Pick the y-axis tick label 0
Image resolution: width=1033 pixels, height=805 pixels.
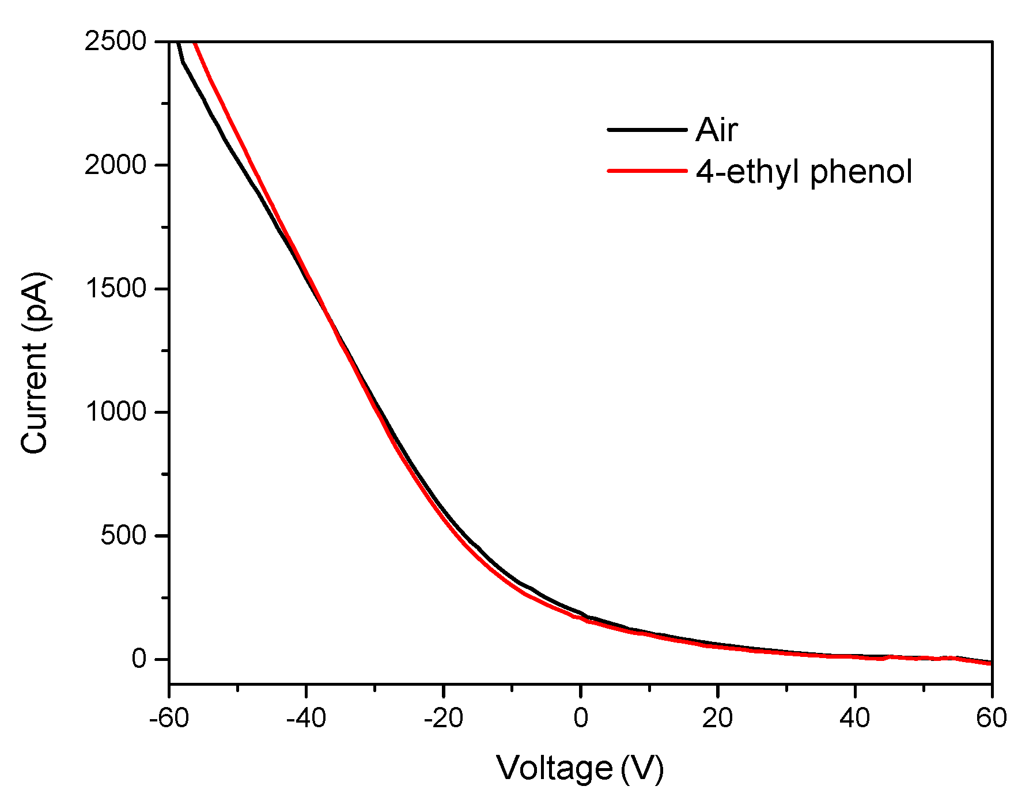point(140,659)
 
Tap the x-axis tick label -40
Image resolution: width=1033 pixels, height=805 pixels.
point(306,719)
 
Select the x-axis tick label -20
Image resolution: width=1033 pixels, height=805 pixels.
point(443,719)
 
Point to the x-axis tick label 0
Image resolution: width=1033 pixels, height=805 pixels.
point(581,719)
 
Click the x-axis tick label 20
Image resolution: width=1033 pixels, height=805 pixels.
point(717,719)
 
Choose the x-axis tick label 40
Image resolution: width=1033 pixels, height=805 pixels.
point(854,719)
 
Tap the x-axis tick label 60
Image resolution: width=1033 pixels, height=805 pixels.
point(991,719)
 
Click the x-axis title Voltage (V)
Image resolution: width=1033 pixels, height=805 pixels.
point(580,768)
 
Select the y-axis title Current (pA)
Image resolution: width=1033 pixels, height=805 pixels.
point(35,363)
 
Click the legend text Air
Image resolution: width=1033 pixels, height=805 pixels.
point(716,130)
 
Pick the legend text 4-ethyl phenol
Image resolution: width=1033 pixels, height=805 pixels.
point(804,172)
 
